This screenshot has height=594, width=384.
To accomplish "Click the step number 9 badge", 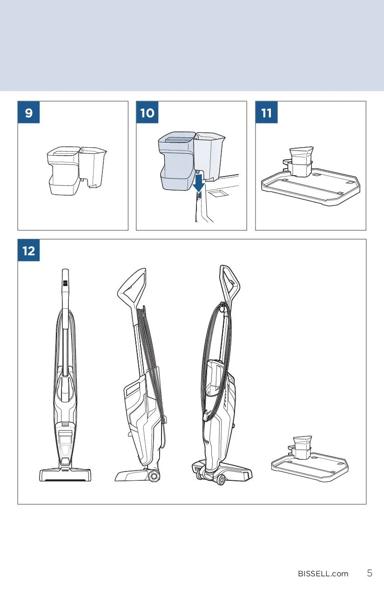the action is pyautogui.click(x=28, y=112).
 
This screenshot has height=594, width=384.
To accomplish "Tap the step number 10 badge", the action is pyautogui.click(x=147, y=112).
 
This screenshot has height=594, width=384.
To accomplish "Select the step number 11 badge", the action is pyautogui.click(x=266, y=112).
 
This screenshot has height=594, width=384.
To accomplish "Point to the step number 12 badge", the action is pyautogui.click(x=28, y=250).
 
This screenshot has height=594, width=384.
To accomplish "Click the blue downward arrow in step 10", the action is pyautogui.click(x=199, y=183).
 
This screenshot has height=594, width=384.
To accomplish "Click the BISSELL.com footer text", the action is pyautogui.click(x=323, y=574).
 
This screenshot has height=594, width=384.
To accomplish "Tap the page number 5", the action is pyautogui.click(x=370, y=573).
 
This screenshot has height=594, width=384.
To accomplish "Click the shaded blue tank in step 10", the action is pyautogui.click(x=177, y=161).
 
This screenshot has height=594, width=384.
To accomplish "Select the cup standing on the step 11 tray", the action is pyautogui.click(x=301, y=162).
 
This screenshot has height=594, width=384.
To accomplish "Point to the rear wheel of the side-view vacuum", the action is pyautogui.click(x=154, y=476).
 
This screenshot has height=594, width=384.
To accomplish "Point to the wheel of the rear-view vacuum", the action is pyautogui.click(x=220, y=479).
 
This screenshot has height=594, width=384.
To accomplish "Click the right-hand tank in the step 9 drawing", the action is pyautogui.click(x=93, y=167).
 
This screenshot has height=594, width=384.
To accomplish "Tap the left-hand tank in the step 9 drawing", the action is pyautogui.click(x=64, y=171).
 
